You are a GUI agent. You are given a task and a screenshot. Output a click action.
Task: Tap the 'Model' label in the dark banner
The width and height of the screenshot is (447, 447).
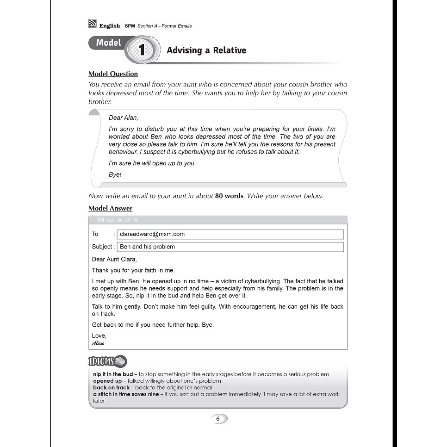click(x=108, y=43)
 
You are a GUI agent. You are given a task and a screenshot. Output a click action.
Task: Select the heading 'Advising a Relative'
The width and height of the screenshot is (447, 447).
click(x=206, y=50)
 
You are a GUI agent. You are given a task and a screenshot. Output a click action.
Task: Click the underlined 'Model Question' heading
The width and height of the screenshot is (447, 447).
click(x=113, y=74)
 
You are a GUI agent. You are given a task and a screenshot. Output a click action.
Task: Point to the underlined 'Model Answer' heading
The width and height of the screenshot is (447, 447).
click(x=110, y=208)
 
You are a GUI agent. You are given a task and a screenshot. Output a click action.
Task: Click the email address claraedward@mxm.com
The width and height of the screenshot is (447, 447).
click(x=152, y=234)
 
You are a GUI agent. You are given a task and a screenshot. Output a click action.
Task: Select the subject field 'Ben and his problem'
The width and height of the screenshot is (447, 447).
click(x=147, y=247)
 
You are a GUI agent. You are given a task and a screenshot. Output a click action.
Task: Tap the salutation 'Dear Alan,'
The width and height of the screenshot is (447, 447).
click(x=124, y=118)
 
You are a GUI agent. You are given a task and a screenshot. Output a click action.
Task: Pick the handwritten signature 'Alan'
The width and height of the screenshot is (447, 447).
click(x=98, y=343)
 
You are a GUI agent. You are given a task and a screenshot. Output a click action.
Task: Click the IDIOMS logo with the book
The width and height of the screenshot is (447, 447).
click(x=107, y=361)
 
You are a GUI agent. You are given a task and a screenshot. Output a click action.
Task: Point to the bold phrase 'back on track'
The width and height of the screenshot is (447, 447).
click(x=112, y=387)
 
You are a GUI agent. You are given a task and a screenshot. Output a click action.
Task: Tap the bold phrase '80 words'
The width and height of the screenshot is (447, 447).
click(x=229, y=196)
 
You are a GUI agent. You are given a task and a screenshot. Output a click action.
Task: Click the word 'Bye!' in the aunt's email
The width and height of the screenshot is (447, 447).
click(x=115, y=175)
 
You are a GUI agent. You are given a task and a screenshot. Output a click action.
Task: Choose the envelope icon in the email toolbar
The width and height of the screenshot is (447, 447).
click(x=101, y=220)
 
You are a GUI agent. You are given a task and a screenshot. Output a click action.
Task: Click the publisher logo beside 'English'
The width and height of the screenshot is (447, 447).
click(x=92, y=25)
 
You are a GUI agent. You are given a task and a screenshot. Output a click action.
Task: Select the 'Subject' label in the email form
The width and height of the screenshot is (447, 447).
click(x=102, y=247)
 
